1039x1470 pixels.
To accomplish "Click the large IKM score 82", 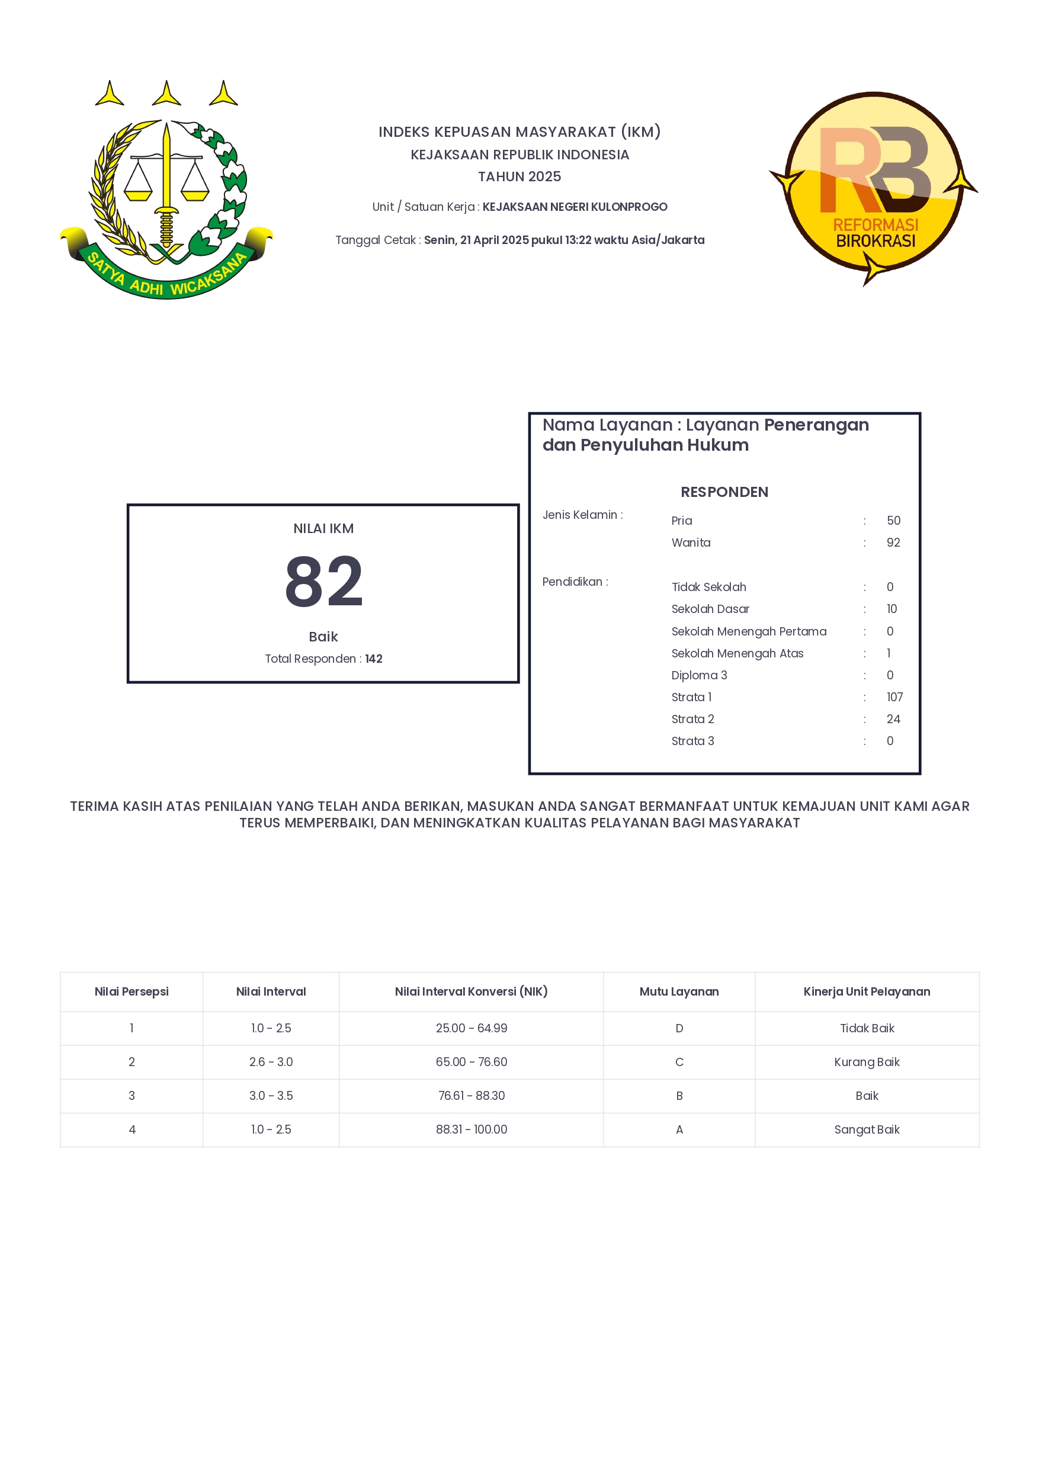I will coord(323,582).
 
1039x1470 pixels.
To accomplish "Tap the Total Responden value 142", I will coord(374,659).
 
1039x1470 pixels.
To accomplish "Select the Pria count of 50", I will coord(893,521).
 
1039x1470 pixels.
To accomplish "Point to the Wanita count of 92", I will coord(893,543).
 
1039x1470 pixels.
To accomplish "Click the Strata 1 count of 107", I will coord(894,697).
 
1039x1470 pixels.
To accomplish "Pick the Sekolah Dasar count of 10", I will coord(892,609).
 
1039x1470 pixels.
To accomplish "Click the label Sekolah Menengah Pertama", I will coord(748,631).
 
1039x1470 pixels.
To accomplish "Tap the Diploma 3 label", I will coord(699,675).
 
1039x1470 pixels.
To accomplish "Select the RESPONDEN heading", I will coord(724,492).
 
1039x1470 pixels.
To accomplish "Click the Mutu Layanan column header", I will coord(679,991).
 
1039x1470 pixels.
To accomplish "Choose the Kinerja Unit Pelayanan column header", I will coord(867,991).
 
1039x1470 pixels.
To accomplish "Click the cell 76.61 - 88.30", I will coord(471,1096).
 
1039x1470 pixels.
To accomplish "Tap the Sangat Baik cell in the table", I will coord(867,1129).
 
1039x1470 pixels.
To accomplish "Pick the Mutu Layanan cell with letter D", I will coord(679,1028).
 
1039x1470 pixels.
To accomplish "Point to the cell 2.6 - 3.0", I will coord(271,1061).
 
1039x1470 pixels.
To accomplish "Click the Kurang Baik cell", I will coord(867,1061).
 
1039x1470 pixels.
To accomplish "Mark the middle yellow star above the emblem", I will coord(166,94).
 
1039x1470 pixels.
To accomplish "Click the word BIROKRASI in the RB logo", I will coord(875,242).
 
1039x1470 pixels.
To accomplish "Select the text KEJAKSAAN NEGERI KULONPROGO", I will coord(574,207).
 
